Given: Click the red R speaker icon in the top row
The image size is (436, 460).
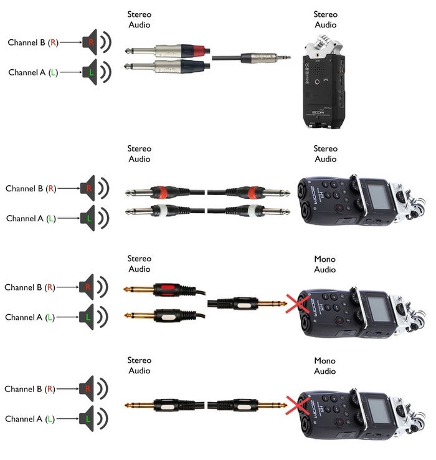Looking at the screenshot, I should point(92,42).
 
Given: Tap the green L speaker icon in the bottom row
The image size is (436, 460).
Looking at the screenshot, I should point(91,418).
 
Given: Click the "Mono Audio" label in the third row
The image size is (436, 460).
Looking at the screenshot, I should point(325,264).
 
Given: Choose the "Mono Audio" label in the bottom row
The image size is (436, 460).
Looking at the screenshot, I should point(325,366).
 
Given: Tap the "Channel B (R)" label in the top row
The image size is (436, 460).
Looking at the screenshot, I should point(32,42).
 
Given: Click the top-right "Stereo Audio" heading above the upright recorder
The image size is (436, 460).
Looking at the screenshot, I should point(325,19).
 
